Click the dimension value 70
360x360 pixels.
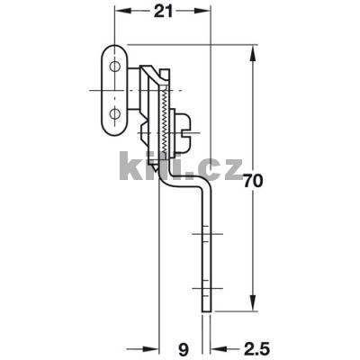coord(256,179)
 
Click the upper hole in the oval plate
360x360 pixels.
coord(114,65)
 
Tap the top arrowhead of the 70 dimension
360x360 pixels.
coord(256,48)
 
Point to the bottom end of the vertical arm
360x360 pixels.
coord(208,311)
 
